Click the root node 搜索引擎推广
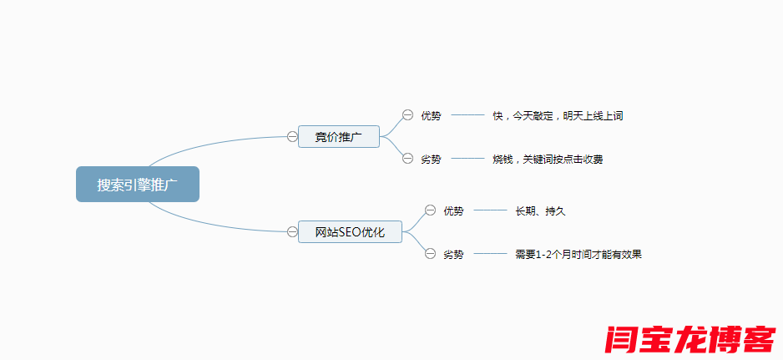138,185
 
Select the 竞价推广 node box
338,137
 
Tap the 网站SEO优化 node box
350,232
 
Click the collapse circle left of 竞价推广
292,136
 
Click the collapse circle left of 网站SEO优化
292,231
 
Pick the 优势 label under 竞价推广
431,116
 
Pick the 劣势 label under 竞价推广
431,159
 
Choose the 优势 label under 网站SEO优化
453,211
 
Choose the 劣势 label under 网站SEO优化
453,254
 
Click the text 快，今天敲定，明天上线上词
558,116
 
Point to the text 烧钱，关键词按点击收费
548,159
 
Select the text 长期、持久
540,211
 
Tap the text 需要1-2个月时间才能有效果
578,254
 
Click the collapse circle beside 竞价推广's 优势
407,115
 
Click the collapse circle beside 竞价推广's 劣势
407,158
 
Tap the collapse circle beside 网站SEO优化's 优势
430,210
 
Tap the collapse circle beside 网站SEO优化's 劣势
430,253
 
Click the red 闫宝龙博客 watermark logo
690,338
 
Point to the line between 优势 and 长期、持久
490,210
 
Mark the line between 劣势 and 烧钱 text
467,158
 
